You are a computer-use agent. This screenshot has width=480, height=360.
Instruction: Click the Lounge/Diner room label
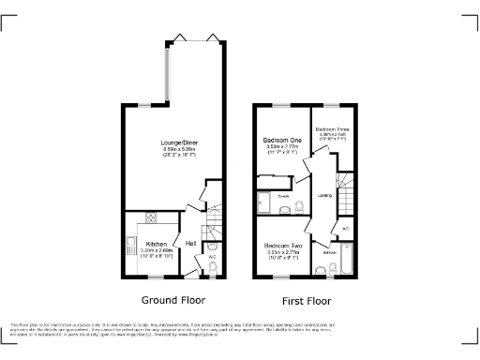click(x=178, y=142)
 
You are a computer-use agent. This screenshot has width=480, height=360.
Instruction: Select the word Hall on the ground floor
click(x=190, y=245)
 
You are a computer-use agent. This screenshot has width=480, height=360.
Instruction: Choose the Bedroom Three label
click(x=332, y=129)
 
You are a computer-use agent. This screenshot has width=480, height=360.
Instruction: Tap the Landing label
click(x=323, y=195)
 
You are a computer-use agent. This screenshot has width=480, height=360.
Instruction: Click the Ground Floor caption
click(x=173, y=301)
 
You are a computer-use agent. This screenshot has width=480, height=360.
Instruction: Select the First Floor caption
click(x=307, y=301)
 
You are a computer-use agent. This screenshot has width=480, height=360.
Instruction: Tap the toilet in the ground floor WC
click(x=213, y=269)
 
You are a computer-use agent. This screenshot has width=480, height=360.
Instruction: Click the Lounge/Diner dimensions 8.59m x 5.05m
click(x=178, y=148)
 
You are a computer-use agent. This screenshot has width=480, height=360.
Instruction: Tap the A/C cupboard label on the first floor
click(x=346, y=228)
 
